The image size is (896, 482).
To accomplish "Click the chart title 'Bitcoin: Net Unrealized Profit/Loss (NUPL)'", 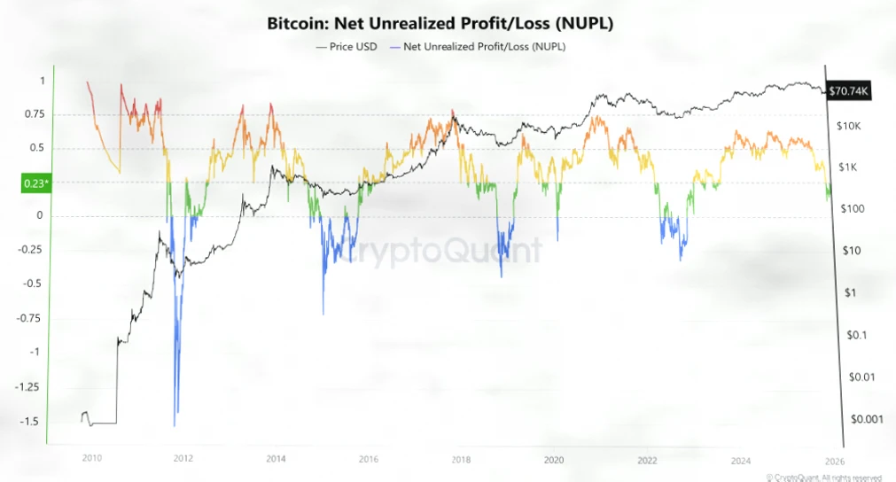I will coord(440,23).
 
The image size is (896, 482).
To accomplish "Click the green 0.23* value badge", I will coord(35,184).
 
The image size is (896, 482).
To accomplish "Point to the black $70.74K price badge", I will coord(851,90).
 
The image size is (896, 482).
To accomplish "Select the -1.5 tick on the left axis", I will coord(30,421).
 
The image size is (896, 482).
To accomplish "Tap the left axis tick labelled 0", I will coord(40,216).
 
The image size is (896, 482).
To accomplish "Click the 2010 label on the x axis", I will coord(90,459).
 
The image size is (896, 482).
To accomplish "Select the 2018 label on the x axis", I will coord(460,459).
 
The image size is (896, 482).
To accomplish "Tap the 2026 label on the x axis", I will coord(832,459).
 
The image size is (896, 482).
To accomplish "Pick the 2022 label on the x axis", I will coord(647,459).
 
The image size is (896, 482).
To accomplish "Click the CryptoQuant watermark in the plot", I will coord(439,251).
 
